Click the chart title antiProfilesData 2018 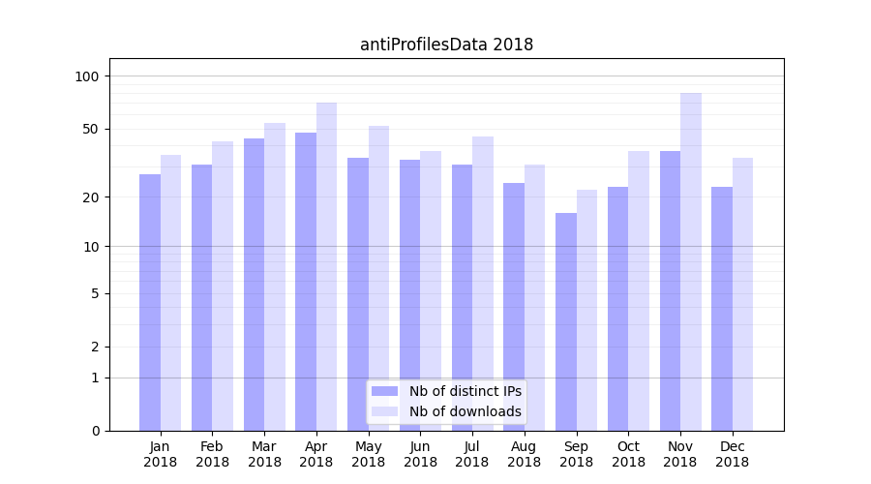click(446, 45)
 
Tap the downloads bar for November click(691, 261)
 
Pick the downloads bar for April click(327, 266)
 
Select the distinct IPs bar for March click(254, 285)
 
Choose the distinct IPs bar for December click(722, 309)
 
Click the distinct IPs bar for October click(618, 309)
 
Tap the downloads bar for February click(223, 286)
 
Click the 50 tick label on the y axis click(91, 129)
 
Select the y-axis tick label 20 click(91, 197)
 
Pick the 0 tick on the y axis click(95, 431)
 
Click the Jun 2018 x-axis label click(420, 454)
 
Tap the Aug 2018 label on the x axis click(525, 454)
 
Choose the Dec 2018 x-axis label click(733, 454)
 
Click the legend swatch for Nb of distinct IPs click(385, 391)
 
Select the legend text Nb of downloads click(466, 411)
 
